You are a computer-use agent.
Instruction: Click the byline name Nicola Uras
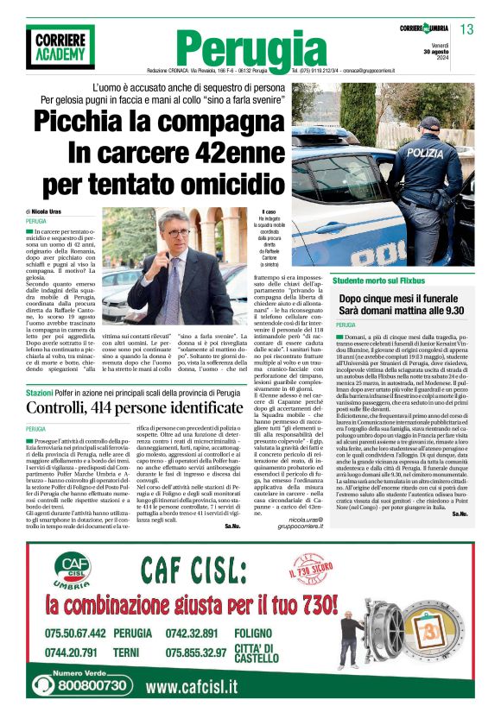click(50, 211)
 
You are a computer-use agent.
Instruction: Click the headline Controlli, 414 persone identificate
click(135, 408)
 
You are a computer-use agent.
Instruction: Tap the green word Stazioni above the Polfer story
click(40, 393)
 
